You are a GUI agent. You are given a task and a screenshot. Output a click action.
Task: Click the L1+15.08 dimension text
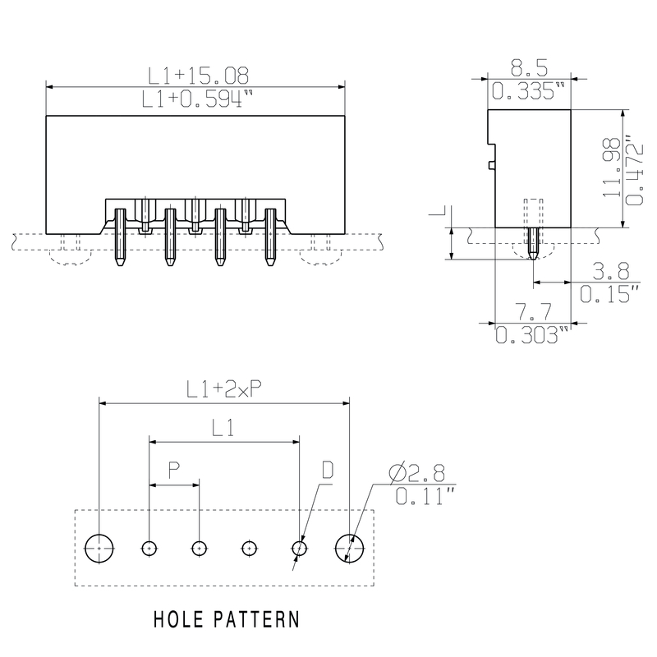[x=198, y=76]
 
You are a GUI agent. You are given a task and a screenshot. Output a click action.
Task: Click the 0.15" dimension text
[x=609, y=293]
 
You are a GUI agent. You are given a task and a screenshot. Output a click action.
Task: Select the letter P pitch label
[x=174, y=471]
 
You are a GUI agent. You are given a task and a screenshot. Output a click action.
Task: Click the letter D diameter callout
[x=327, y=471]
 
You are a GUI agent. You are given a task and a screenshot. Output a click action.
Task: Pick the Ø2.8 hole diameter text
[x=416, y=473]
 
